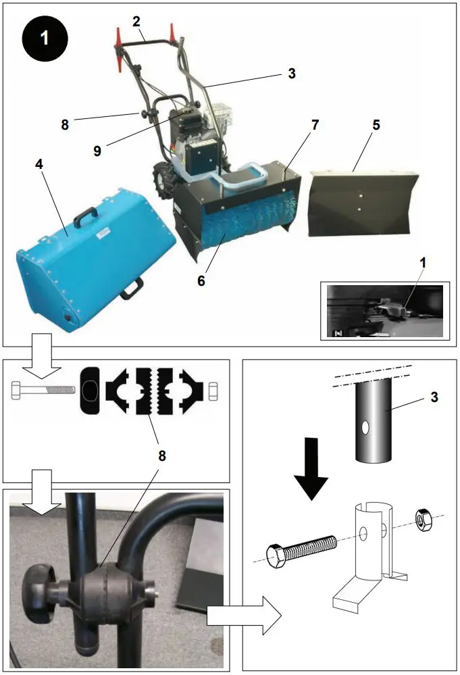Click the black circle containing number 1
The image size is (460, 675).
coord(45,38)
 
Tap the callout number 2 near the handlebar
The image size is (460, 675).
coord(136,21)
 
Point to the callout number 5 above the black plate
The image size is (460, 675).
coord(376,125)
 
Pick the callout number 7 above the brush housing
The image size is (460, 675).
coord(315,125)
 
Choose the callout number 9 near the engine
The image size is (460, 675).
coord(97,151)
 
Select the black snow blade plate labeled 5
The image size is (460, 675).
coord(359,203)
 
